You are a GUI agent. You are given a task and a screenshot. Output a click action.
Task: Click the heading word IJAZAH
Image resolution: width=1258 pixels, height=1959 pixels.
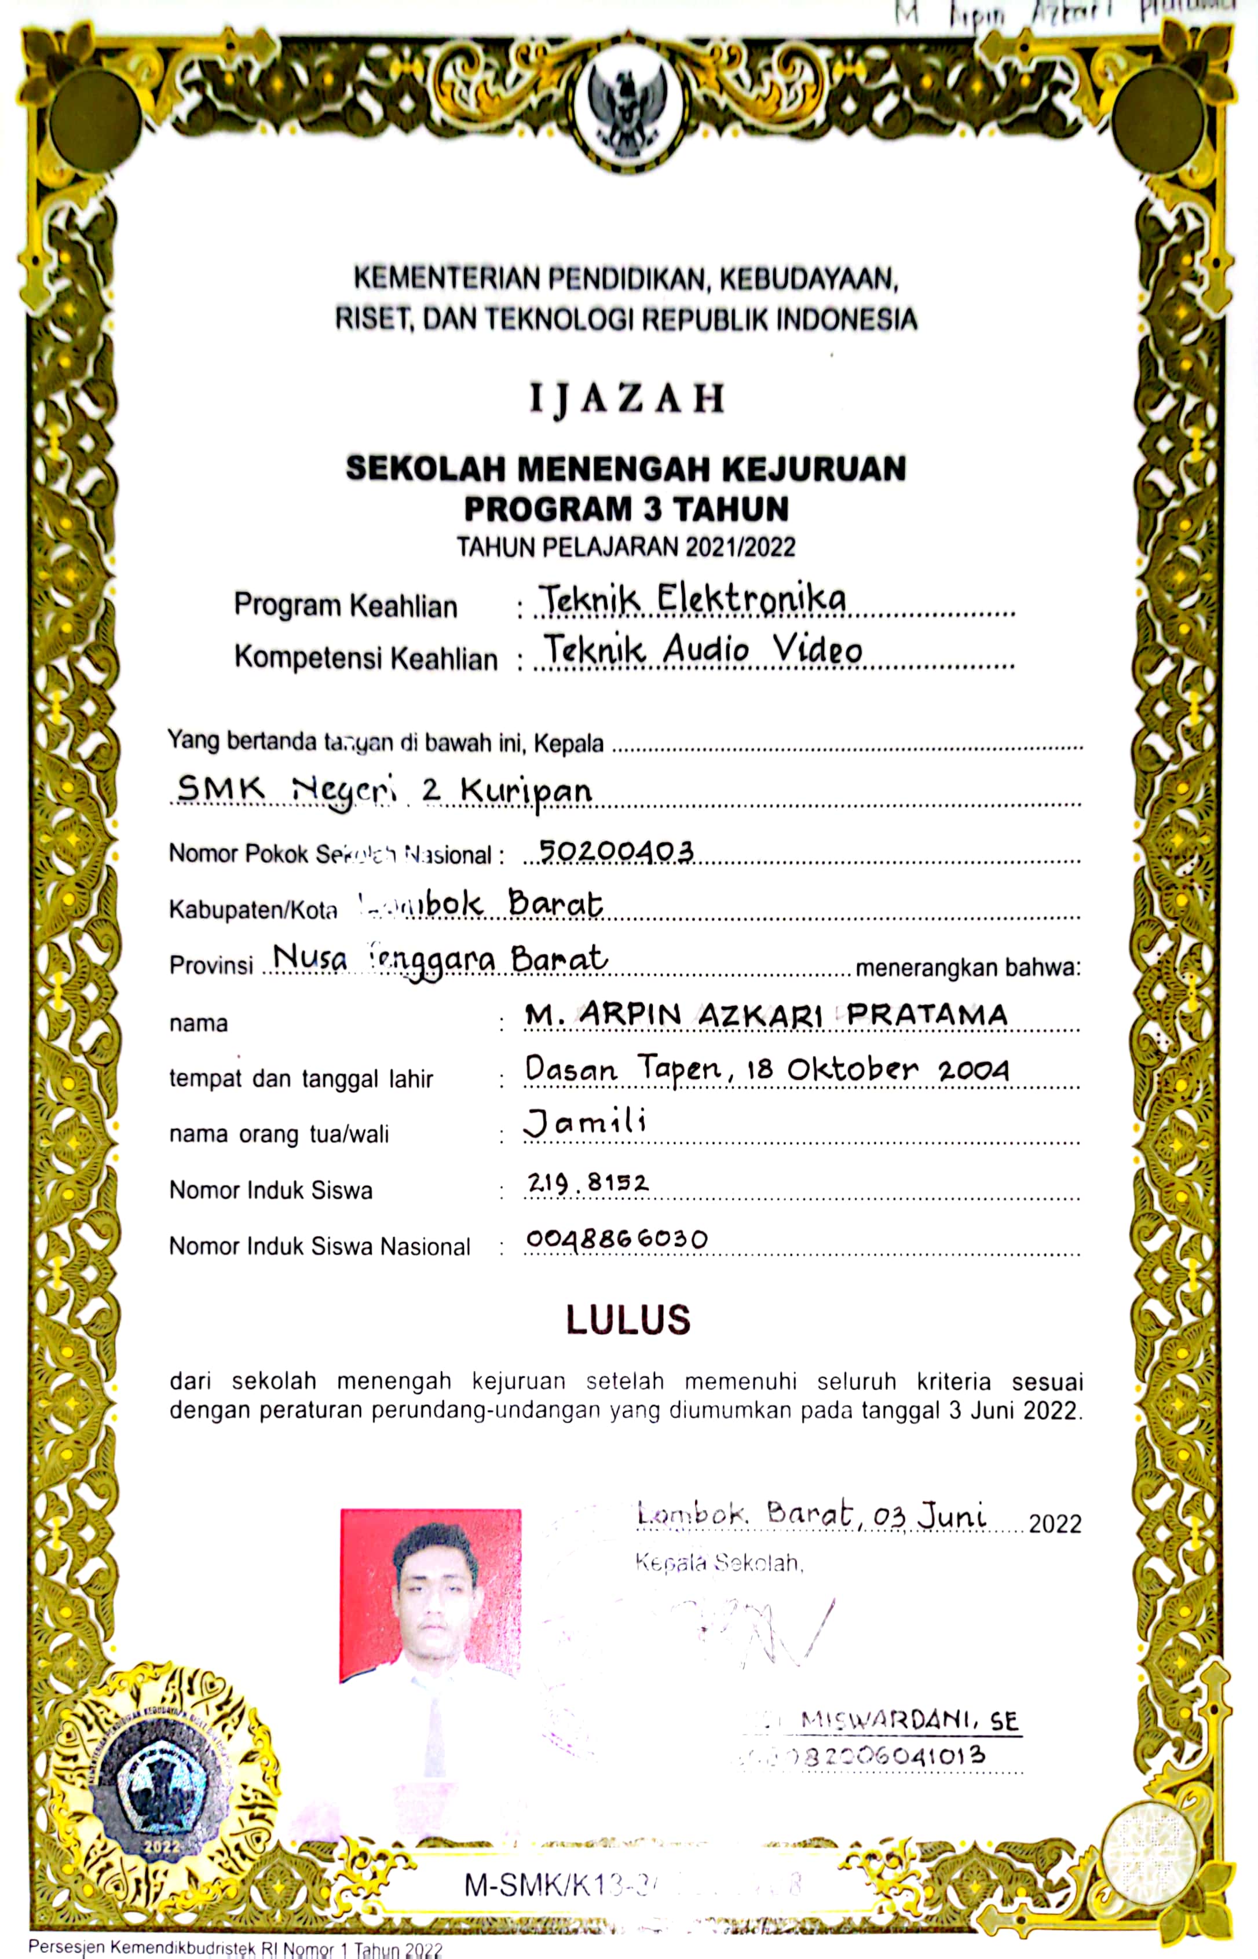tap(627, 400)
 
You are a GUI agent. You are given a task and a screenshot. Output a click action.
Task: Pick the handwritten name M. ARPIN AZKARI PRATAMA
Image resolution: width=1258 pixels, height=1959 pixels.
tap(766, 1015)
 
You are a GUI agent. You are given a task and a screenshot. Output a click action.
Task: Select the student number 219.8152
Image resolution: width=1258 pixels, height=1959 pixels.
tap(587, 1182)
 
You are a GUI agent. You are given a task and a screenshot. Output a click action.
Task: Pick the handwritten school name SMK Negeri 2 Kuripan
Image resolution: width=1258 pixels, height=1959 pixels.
tap(384, 790)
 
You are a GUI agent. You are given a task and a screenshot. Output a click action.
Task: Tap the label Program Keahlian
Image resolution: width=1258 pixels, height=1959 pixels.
tap(346, 606)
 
